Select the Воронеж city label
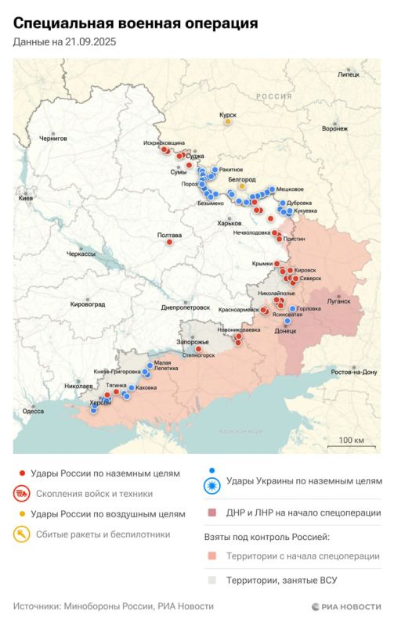coord(334,129)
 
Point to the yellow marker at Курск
coord(228,121)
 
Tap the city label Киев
coord(26,199)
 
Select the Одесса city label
coord(33,411)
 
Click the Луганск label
coord(338,300)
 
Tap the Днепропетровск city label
coord(185,308)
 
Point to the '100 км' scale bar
coord(351,441)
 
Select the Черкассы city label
coord(81,254)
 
